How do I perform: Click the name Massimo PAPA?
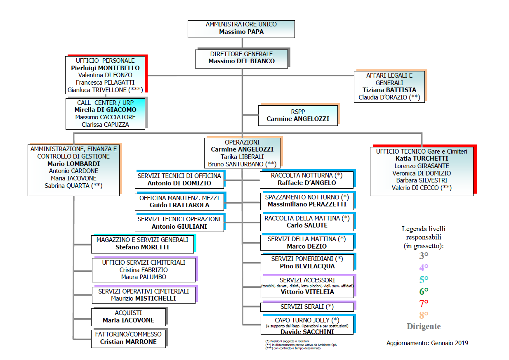pos(241,31)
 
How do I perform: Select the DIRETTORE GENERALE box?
pos(241,57)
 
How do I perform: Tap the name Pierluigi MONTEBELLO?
pos(105,68)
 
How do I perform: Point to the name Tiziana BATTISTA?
pos(389,90)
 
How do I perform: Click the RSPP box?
pos(298,115)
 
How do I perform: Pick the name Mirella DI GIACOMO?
pos(105,110)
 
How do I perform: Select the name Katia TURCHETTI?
pos(422,159)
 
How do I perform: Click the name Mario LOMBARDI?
pos(74,164)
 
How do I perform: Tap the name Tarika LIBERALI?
pos(242,157)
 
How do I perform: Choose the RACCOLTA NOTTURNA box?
pos(307,179)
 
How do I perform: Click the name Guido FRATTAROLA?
pos(179,205)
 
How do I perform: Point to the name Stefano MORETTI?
pos(142,247)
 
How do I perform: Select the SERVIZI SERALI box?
pos(307,307)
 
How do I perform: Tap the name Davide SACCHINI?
pos(307,332)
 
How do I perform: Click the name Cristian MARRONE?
pos(128,342)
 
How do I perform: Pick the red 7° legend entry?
pos(424,303)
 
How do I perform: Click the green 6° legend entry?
pos(424,291)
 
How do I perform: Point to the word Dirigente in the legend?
pos(424,327)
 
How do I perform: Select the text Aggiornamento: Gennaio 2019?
pos(427,343)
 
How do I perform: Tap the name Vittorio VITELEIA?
pos(307,292)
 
